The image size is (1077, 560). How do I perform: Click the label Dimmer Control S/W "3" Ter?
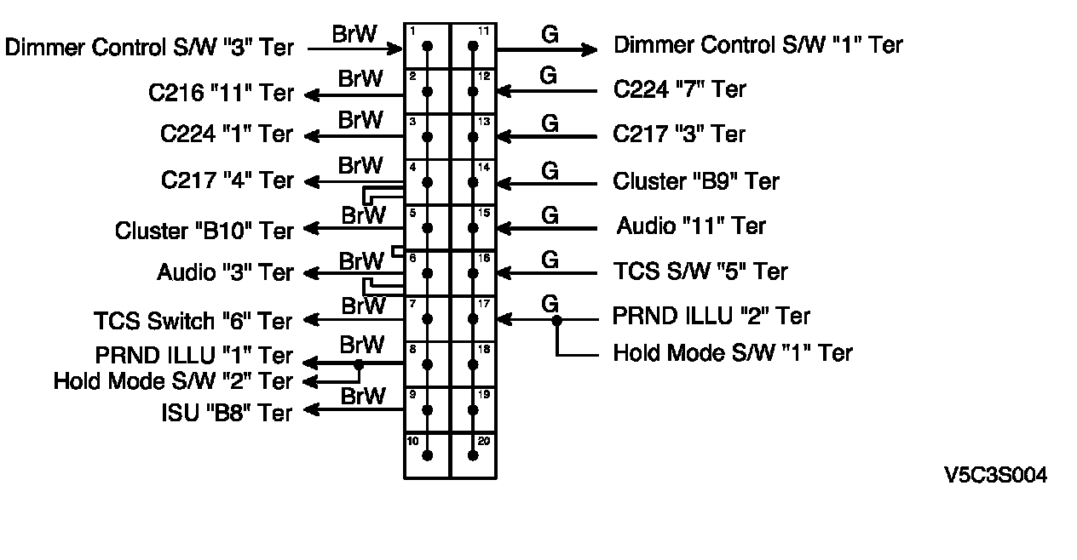click(x=149, y=47)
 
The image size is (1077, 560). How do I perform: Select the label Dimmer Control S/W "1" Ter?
click(x=757, y=44)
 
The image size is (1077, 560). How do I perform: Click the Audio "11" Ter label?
click(x=691, y=226)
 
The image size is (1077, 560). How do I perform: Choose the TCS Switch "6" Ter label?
click(x=193, y=321)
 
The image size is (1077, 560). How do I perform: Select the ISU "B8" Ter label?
click(x=227, y=413)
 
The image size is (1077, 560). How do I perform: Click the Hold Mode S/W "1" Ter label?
click(x=732, y=352)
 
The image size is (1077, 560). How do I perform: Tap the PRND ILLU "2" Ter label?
click(x=711, y=317)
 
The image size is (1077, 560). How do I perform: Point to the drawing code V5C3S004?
click(x=995, y=476)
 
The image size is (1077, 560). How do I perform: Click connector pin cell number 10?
click(x=427, y=455)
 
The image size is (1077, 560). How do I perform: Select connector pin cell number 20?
click(x=474, y=455)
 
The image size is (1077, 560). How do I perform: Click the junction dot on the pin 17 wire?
click(x=556, y=320)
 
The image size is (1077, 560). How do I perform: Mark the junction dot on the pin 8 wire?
click(x=359, y=364)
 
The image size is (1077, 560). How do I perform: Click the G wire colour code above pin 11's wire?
click(x=550, y=35)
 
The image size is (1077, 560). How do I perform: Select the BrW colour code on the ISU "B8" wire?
click(x=363, y=396)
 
